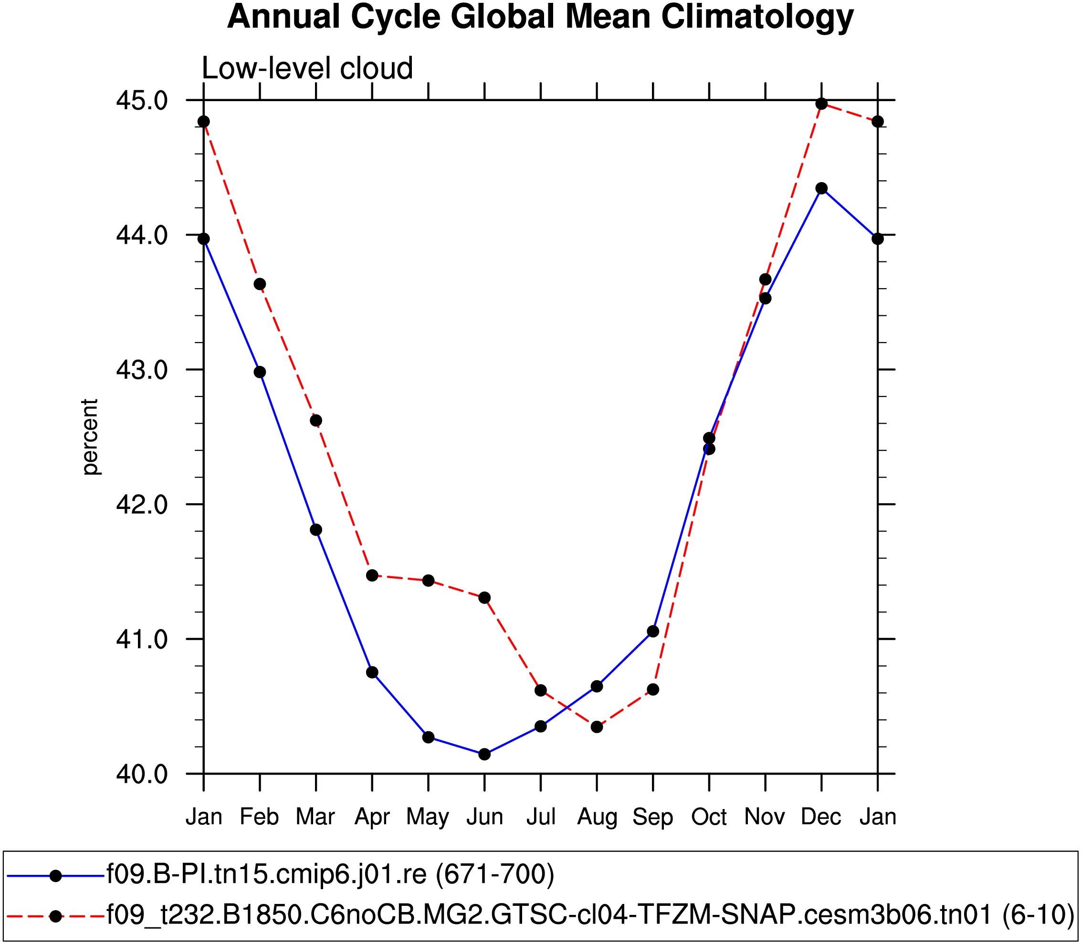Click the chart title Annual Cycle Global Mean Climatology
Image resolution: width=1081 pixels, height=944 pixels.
coord(540,17)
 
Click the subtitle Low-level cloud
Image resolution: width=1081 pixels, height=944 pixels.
coord(307,69)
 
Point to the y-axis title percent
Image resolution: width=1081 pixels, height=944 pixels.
coord(90,437)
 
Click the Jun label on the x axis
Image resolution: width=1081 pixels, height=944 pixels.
coord(484,817)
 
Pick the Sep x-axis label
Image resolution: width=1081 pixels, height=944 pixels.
coord(652,817)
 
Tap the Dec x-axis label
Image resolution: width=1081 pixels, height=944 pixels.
coord(820,817)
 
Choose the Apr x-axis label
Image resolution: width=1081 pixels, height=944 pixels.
coord(372,817)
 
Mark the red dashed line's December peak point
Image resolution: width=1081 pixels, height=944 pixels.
coord(821,104)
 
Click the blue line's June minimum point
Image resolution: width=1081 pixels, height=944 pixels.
coord(484,754)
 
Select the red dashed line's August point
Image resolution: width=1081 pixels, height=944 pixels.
coord(597,727)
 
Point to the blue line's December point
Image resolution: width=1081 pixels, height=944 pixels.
coord(821,188)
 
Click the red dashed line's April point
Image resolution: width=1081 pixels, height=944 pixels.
coord(372,575)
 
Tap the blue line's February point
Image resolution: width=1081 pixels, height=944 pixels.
coord(260,372)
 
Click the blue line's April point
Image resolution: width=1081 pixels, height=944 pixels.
coord(372,672)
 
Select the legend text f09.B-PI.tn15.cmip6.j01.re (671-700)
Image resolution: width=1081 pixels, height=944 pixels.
coord(330,874)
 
